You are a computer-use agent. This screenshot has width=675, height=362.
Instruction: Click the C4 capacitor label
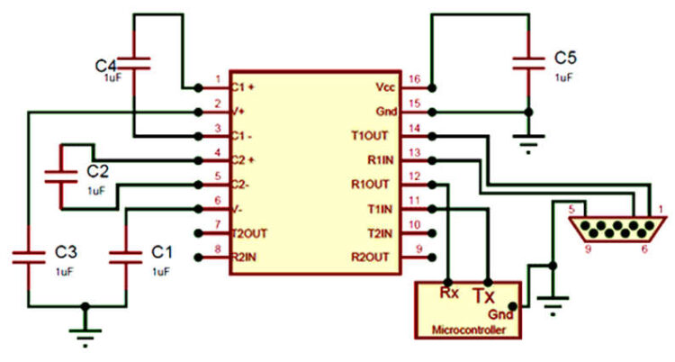point(105,66)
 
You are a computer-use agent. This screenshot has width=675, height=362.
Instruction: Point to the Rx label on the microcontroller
point(447,292)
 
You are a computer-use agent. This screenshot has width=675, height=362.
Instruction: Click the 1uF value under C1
point(160,271)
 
